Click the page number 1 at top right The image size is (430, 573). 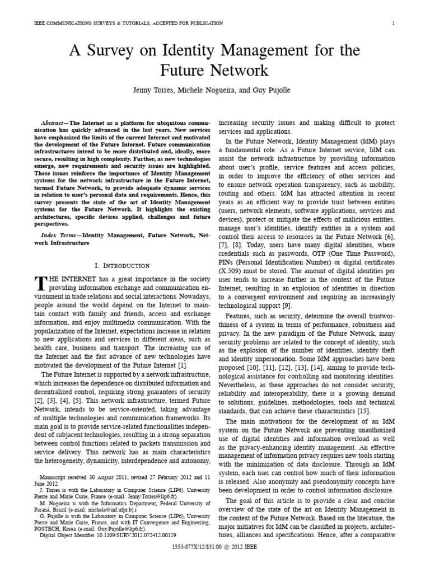(x=394, y=23)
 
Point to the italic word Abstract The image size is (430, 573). (x=56, y=123)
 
